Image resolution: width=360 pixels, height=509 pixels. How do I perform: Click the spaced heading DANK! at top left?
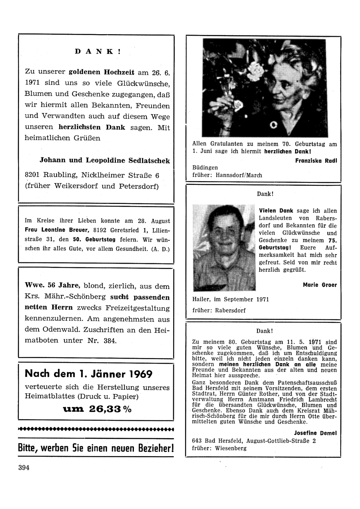point(98,52)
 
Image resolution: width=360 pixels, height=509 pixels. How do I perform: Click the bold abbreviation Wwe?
point(34,285)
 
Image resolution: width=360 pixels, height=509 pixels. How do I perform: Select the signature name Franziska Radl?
point(316,161)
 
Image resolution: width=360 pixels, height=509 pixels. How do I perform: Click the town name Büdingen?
point(205,168)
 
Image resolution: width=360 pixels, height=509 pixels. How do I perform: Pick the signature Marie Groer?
point(320,285)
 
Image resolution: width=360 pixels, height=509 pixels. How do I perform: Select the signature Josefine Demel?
point(315,433)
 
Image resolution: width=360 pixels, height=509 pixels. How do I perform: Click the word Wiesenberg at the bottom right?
point(231,448)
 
